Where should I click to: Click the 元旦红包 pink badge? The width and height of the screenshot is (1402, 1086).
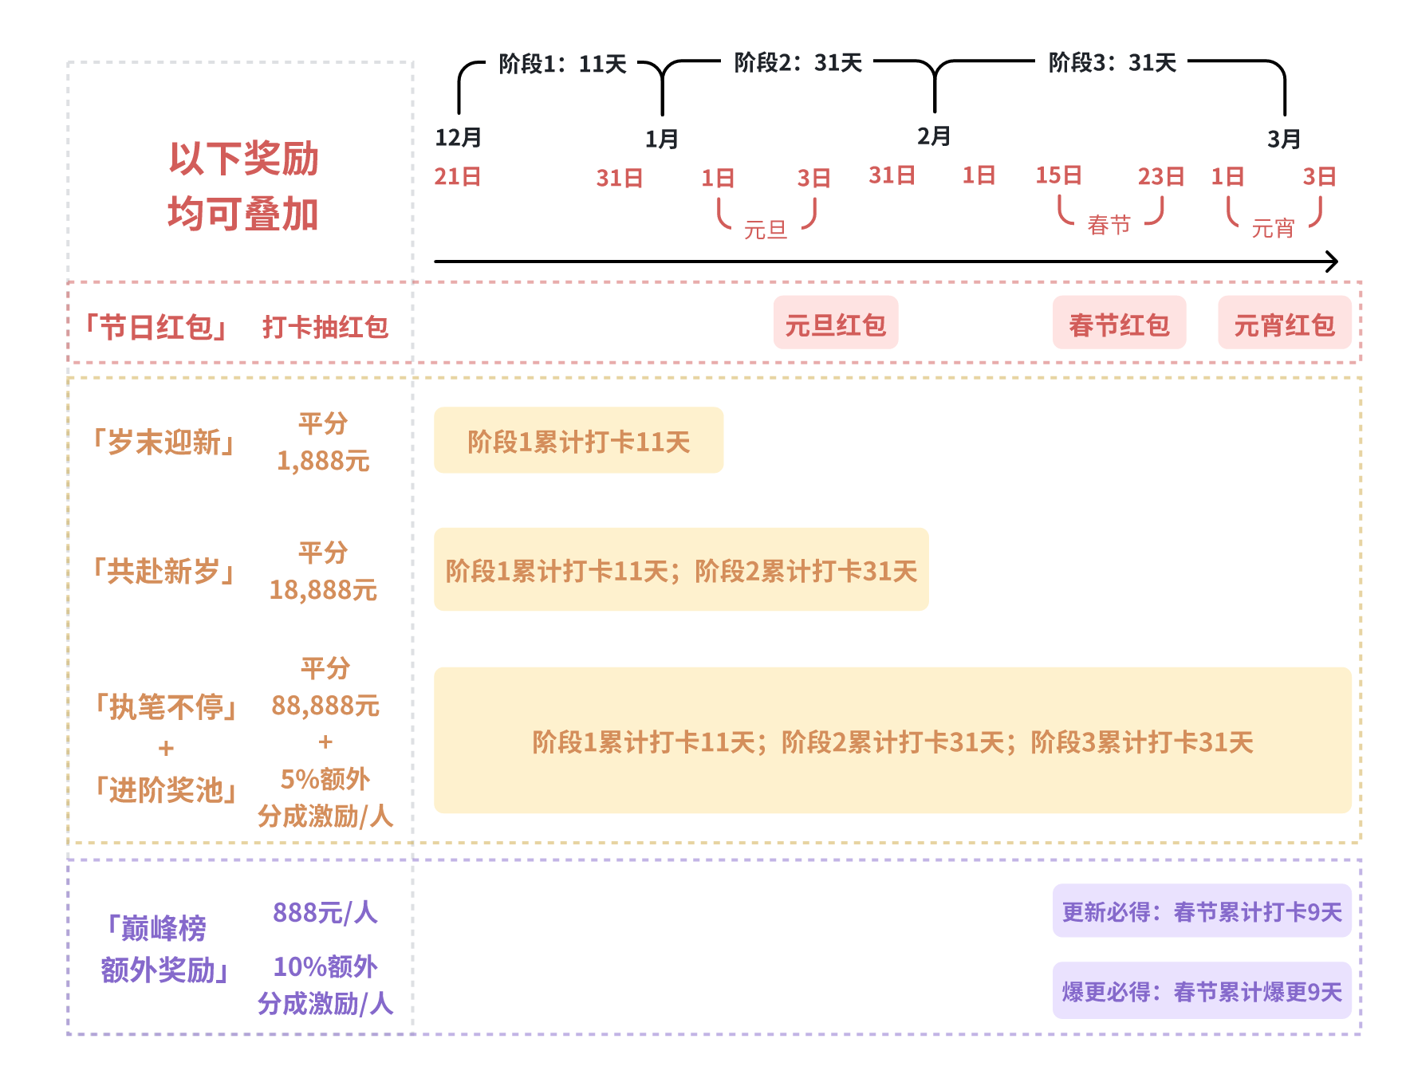(835, 323)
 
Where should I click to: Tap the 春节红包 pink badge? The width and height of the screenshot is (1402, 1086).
(1119, 323)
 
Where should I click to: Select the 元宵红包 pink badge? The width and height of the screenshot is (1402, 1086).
(1284, 323)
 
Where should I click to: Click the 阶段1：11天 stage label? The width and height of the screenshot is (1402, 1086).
(562, 64)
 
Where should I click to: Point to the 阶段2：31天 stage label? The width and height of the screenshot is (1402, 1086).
(797, 62)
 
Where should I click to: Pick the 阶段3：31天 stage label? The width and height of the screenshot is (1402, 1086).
(1112, 62)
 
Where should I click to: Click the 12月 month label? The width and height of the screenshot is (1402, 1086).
(458, 137)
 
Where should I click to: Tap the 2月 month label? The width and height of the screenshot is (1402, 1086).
(933, 136)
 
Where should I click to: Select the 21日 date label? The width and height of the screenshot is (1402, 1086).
(457, 176)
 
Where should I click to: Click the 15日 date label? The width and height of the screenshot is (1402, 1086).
(1058, 175)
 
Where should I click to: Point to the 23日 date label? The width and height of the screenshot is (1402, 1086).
(1160, 176)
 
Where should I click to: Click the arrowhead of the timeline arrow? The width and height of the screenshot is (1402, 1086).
(1333, 261)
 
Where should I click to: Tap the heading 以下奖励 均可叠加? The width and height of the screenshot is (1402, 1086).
(243, 187)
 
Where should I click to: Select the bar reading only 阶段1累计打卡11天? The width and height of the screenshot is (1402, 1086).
(578, 441)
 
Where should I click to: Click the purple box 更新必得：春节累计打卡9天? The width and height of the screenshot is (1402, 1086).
(1201, 911)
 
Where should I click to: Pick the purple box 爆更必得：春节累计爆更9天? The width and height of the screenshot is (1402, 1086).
(1201, 991)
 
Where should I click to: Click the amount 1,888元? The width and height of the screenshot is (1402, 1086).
(323, 461)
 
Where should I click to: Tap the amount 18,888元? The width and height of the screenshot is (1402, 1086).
(323, 590)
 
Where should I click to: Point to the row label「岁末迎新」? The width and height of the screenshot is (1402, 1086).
(164, 442)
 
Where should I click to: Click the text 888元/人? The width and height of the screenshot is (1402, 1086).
(325, 912)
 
